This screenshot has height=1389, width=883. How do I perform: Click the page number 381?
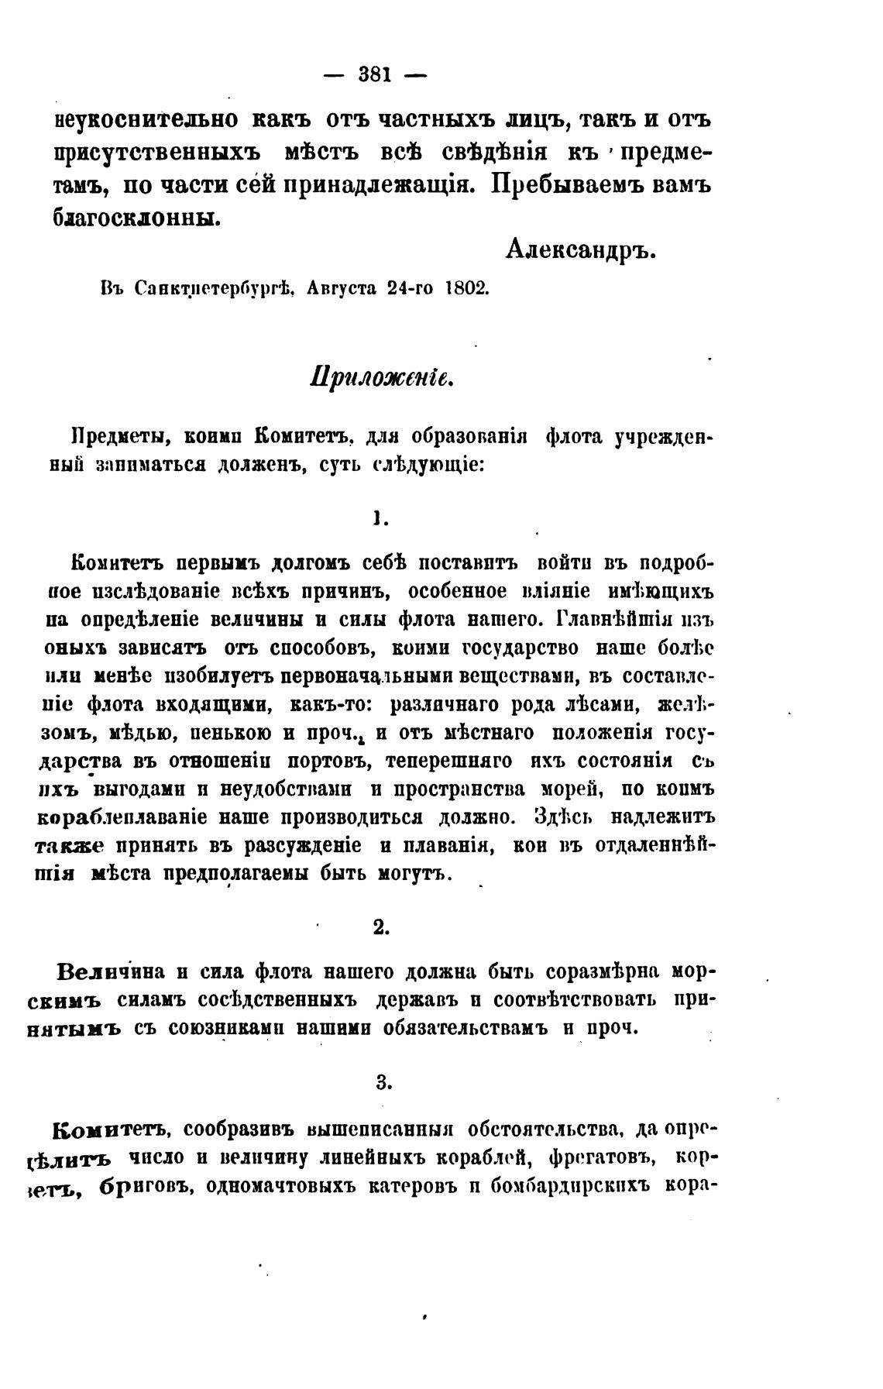click(x=376, y=75)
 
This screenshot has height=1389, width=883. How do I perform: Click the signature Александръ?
click(x=580, y=248)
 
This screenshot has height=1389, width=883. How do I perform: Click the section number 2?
click(x=380, y=927)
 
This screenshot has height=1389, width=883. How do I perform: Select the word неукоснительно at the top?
click(x=146, y=119)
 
